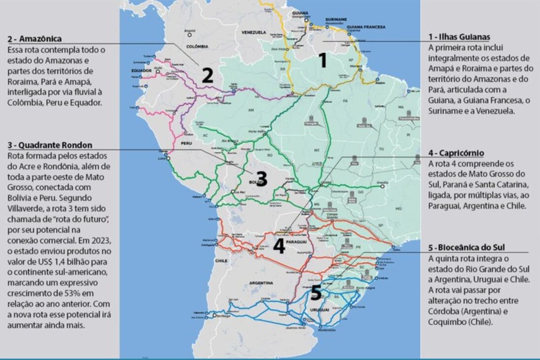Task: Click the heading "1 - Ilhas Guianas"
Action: pyautogui.click(x=459, y=37)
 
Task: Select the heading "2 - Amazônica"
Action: pyautogui.click(x=34, y=38)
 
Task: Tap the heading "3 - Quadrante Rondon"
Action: pyautogui.click(x=50, y=145)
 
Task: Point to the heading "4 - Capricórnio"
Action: pyautogui.click(x=456, y=153)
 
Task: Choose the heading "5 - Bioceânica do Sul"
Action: pyautogui.click(x=467, y=247)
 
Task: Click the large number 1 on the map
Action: pyautogui.click(x=323, y=60)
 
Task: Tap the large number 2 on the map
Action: pyautogui.click(x=208, y=75)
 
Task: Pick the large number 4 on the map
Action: pyautogui.click(x=279, y=246)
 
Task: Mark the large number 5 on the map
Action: pyautogui.click(x=316, y=293)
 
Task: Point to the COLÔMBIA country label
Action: pyautogui.click(x=195, y=46)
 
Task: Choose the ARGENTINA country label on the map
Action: pyautogui.click(x=261, y=283)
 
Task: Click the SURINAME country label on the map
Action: pyautogui.click(x=336, y=19)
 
